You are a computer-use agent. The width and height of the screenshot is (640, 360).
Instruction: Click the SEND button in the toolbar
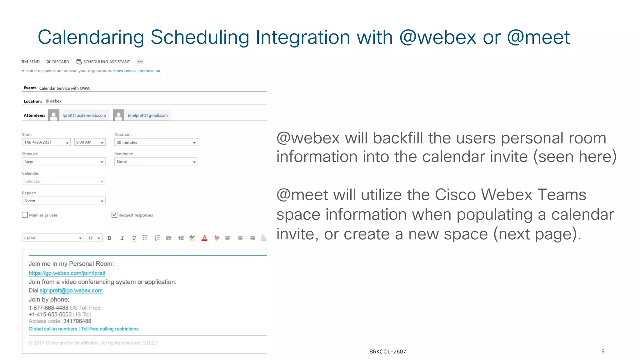[x=31, y=62]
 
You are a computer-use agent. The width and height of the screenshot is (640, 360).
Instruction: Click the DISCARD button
[x=58, y=62]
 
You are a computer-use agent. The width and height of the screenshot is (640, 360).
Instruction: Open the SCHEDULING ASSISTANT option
[x=103, y=62]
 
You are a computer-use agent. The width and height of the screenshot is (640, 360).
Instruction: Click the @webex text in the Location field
[x=53, y=101]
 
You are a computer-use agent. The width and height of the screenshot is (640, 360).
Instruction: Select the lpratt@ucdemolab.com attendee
[x=84, y=115]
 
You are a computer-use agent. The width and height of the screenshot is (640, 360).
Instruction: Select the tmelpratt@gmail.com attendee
[x=147, y=115]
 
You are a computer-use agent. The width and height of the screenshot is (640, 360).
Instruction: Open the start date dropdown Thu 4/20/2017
[x=46, y=142]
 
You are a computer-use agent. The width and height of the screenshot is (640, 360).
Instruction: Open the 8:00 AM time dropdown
[x=90, y=142]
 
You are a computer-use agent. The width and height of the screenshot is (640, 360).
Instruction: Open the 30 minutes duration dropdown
[x=156, y=142]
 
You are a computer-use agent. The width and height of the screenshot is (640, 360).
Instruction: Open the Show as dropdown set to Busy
[x=64, y=162]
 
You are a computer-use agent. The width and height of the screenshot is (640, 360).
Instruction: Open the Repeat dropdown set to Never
[x=64, y=201]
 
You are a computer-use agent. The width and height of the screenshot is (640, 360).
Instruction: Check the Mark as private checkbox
[x=25, y=215]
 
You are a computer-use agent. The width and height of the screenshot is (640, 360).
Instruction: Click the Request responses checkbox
[x=114, y=215]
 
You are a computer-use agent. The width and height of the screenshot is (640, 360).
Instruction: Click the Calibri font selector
[x=52, y=238]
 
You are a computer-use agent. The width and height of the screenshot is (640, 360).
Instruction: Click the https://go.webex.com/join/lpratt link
[x=67, y=273]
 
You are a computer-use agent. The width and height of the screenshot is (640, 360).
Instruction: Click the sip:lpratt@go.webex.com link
[x=71, y=291]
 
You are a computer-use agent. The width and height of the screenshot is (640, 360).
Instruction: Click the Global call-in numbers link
[x=53, y=329]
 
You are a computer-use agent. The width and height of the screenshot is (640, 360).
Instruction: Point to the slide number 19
[x=601, y=352]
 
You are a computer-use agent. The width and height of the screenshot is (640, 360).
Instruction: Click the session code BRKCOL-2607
[x=387, y=352]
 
